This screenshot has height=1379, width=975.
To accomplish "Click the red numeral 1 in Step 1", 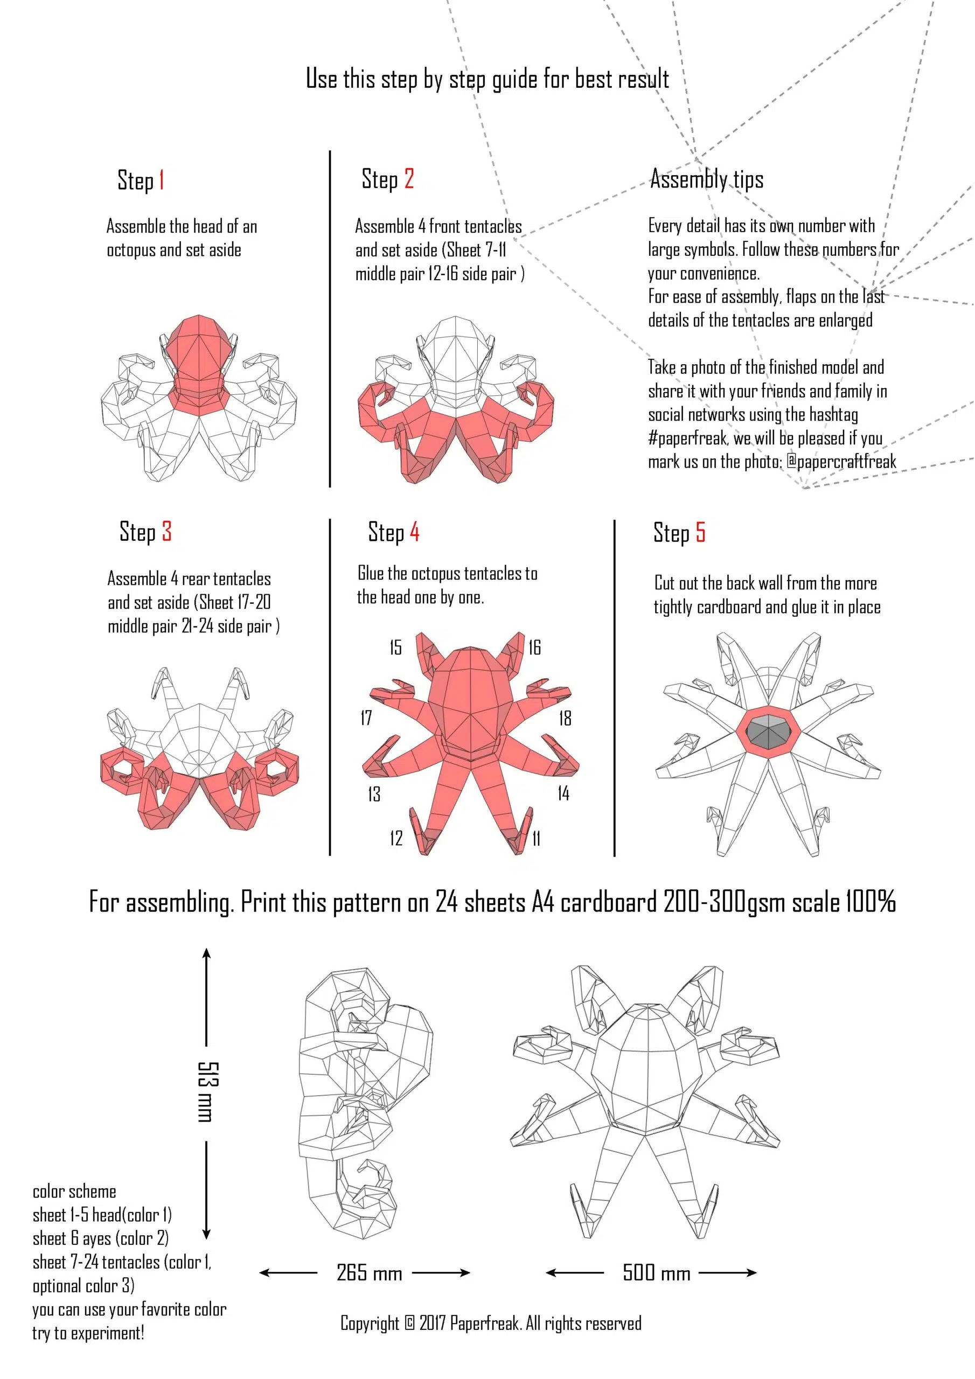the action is pyautogui.click(x=161, y=179).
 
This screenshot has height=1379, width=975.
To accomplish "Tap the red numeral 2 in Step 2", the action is pyautogui.click(x=409, y=178).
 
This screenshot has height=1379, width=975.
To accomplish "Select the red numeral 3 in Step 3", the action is pyautogui.click(x=167, y=532).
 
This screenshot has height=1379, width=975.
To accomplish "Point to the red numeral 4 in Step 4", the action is pyautogui.click(x=415, y=532).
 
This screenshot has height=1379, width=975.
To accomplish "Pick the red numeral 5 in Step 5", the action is pyautogui.click(x=700, y=533).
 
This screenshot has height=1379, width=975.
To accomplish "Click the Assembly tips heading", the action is pyautogui.click(x=707, y=179).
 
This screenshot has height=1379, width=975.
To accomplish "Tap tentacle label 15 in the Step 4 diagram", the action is pyautogui.click(x=395, y=647).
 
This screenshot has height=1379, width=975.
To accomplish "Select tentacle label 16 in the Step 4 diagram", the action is pyautogui.click(x=535, y=647).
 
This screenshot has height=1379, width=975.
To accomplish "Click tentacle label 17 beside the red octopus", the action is pyautogui.click(x=366, y=718).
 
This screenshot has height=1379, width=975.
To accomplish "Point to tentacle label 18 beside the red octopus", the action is pyautogui.click(x=565, y=719).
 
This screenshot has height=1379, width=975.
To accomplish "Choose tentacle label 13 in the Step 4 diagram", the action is pyautogui.click(x=374, y=795).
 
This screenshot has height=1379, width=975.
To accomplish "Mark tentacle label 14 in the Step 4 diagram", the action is pyautogui.click(x=563, y=794).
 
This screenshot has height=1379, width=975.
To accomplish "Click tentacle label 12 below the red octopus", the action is pyautogui.click(x=396, y=839).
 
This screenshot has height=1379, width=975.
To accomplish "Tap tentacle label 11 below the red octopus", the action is pyautogui.click(x=537, y=839).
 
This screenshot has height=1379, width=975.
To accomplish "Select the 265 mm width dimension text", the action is pyautogui.click(x=370, y=1273).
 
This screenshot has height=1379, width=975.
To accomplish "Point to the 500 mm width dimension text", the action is pyautogui.click(x=657, y=1273).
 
